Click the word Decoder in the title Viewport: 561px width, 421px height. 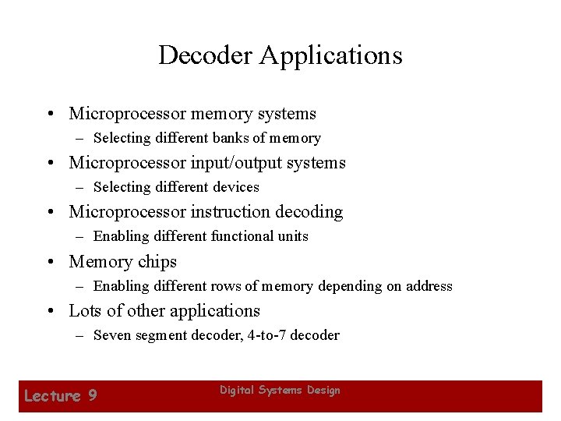[206, 55]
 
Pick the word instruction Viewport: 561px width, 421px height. [232, 212]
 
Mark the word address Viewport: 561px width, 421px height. [427, 286]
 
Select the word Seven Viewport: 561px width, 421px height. [111, 335]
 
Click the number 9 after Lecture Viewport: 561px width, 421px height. [92, 396]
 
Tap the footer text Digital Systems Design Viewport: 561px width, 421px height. [280, 390]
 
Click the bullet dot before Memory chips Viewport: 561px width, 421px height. [50, 262]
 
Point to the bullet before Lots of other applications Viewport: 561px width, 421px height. [50, 311]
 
